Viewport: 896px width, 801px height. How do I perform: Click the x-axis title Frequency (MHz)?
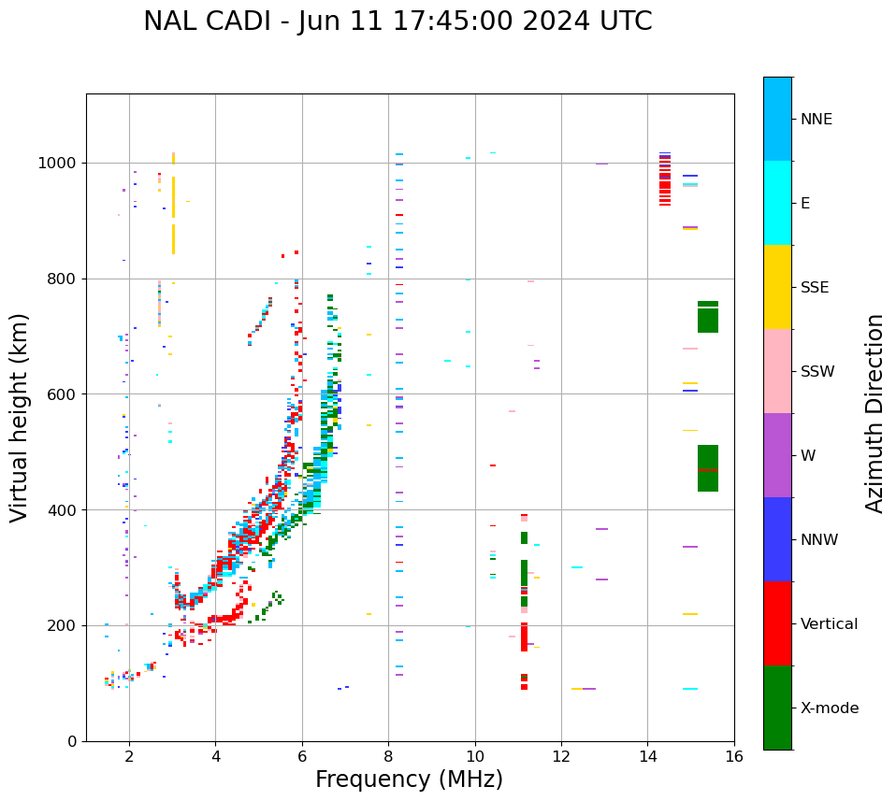pyautogui.click(x=409, y=780)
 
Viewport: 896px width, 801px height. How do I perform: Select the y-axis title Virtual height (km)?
pyautogui.click(x=20, y=417)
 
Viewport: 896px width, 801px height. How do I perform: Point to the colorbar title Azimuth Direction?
pyautogui.click(x=874, y=413)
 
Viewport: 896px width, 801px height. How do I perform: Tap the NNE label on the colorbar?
pyautogui.click(x=816, y=120)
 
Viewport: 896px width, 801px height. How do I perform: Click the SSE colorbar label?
pyautogui.click(x=814, y=288)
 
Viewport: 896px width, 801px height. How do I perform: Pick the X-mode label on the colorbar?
pyautogui.click(x=830, y=708)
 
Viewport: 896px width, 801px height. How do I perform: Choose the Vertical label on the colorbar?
pyautogui.click(x=829, y=624)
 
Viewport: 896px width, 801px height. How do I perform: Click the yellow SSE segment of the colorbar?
pyautogui.click(x=777, y=287)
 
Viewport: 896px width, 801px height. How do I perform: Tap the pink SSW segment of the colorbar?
pyautogui.click(x=777, y=371)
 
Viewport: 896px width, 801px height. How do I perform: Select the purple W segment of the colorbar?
pyautogui.click(x=777, y=455)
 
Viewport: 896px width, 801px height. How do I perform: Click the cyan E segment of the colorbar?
pyautogui.click(x=777, y=203)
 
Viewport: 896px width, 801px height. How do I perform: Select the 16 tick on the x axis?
pyautogui.click(x=734, y=756)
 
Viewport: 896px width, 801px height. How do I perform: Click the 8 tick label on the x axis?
pyautogui.click(x=388, y=756)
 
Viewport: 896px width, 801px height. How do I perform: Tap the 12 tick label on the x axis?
pyautogui.click(x=561, y=756)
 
